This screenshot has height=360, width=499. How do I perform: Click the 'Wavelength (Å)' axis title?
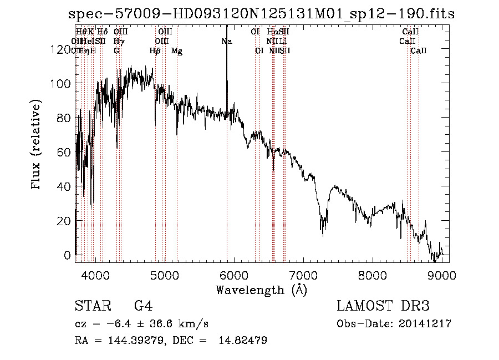[x=261, y=290]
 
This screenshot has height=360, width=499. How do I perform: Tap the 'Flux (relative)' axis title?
[x=37, y=145]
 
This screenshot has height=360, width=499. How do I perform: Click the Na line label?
[x=226, y=41]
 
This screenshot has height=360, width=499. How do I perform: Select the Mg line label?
[x=177, y=51]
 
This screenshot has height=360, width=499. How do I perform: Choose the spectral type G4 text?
[x=143, y=306]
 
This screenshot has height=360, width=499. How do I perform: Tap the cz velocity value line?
[x=141, y=323]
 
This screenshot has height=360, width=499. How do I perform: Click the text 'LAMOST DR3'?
[x=383, y=306]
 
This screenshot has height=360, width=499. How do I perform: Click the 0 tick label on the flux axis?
[x=68, y=255]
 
